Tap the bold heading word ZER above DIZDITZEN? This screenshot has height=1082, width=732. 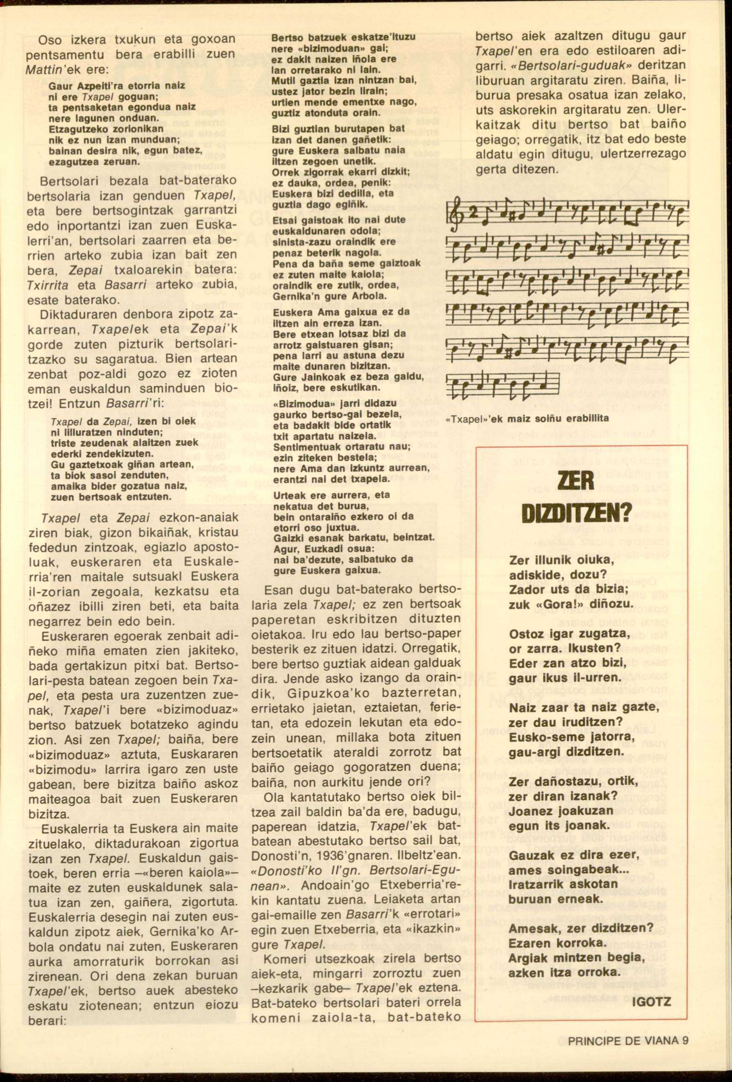point(577,480)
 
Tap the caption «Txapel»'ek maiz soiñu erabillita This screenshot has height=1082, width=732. point(527,418)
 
